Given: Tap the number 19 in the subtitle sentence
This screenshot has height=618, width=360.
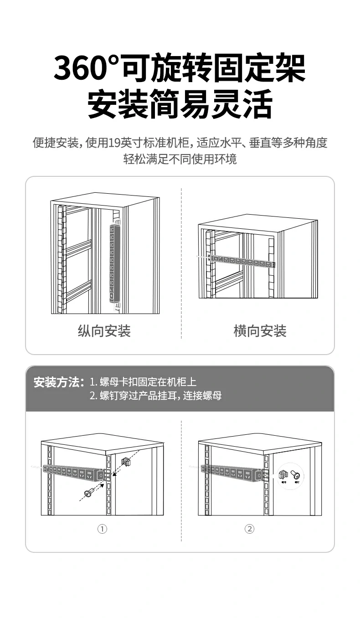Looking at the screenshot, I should coord(114,143).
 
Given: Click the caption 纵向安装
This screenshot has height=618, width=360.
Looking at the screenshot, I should coord(104,331).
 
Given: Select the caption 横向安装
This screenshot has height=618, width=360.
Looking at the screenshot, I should coord(260,331).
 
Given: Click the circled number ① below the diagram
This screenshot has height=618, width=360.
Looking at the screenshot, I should coord(102,529).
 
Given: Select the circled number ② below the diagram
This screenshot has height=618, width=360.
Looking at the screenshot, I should coord(249,529).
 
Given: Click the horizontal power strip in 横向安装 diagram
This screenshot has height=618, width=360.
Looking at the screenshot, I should coord(242,262).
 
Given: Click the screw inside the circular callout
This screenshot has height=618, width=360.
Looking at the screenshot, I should coord(296,475).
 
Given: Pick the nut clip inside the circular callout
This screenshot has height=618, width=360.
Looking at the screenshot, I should coord(283,475).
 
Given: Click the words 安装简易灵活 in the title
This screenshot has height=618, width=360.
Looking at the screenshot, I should coord(180,104).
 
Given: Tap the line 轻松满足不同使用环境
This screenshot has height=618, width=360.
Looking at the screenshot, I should coord(180,160).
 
